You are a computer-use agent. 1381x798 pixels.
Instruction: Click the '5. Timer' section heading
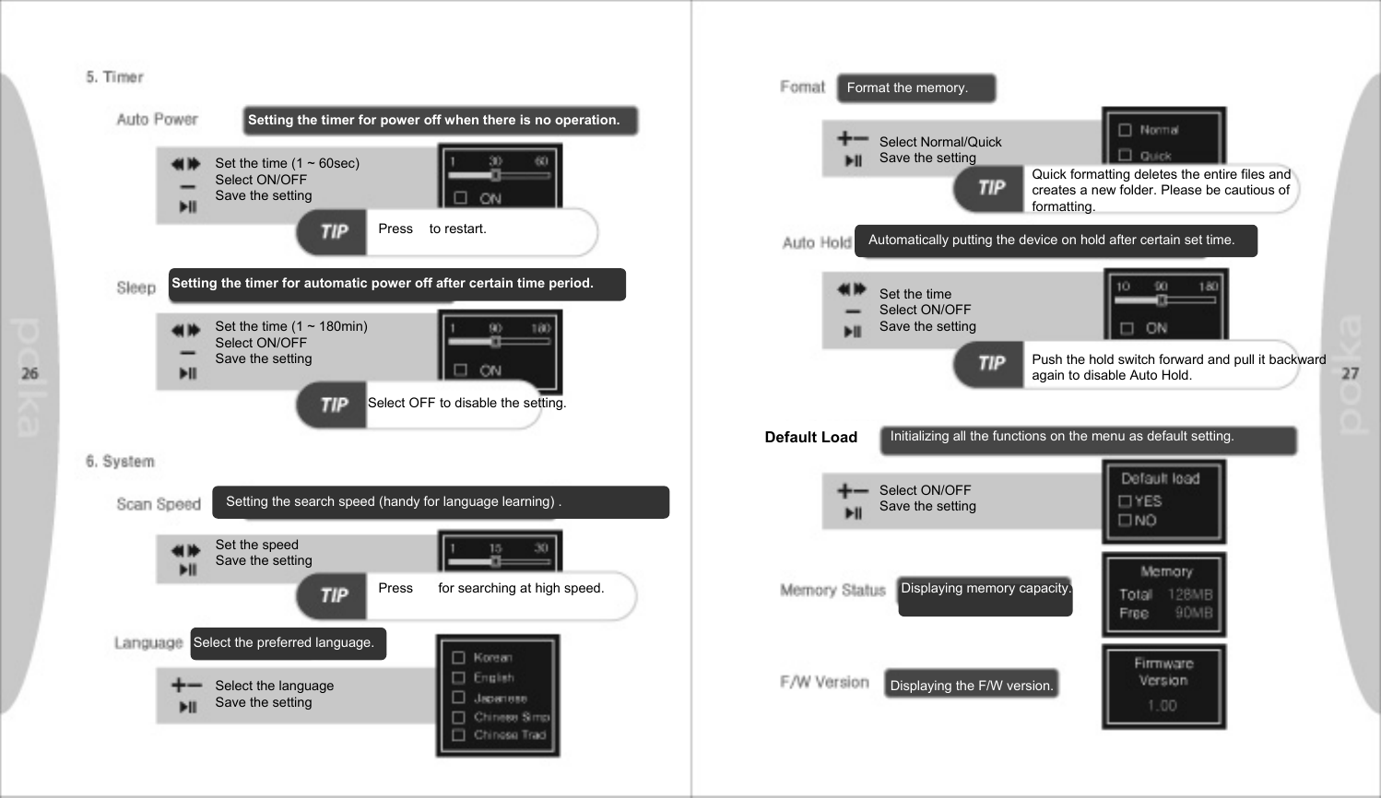click(115, 77)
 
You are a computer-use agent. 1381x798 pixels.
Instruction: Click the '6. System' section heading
click(120, 462)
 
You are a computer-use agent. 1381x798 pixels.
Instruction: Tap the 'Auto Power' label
click(157, 120)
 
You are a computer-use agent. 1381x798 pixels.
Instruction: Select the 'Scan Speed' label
click(159, 504)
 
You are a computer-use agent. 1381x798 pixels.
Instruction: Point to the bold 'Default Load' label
click(810, 438)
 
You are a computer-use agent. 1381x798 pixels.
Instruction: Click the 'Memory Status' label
click(832, 590)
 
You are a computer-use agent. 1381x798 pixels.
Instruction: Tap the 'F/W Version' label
click(824, 683)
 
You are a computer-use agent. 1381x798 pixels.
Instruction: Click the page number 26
click(30, 373)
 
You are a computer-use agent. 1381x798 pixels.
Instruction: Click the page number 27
click(1350, 373)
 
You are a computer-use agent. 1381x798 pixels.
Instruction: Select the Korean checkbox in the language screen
click(458, 658)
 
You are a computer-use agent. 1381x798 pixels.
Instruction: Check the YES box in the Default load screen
click(1125, 501)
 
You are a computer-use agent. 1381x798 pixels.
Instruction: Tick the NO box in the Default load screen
click(1125, 521)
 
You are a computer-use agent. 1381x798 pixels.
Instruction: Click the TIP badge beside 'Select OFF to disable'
click(334, 405)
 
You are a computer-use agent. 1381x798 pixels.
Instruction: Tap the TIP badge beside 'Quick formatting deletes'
click(991, 188)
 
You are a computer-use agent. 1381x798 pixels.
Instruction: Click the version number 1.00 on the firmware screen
click(1163, 706)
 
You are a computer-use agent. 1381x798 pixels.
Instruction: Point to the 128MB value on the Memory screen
click(1190, 595)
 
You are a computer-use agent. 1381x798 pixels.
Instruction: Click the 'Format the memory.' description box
click(916, 88)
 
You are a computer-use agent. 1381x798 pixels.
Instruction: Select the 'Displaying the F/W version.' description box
click(971, 685)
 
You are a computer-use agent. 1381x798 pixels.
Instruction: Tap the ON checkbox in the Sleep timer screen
click(461, 370)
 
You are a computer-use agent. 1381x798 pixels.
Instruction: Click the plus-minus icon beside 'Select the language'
click(186, 685)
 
